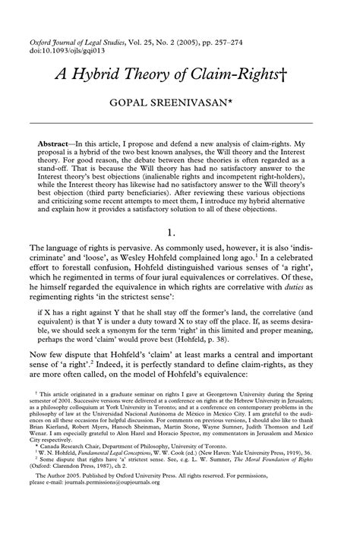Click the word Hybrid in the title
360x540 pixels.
(x=108, y=73)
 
